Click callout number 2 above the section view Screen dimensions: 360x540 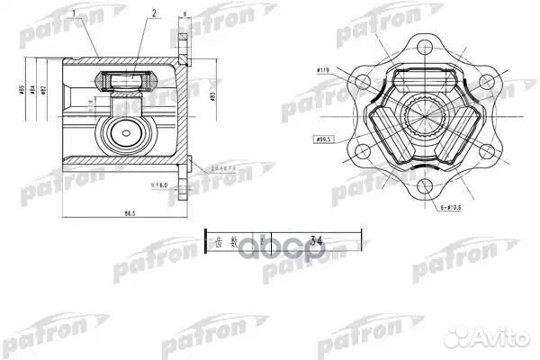(x=154, y=15)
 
